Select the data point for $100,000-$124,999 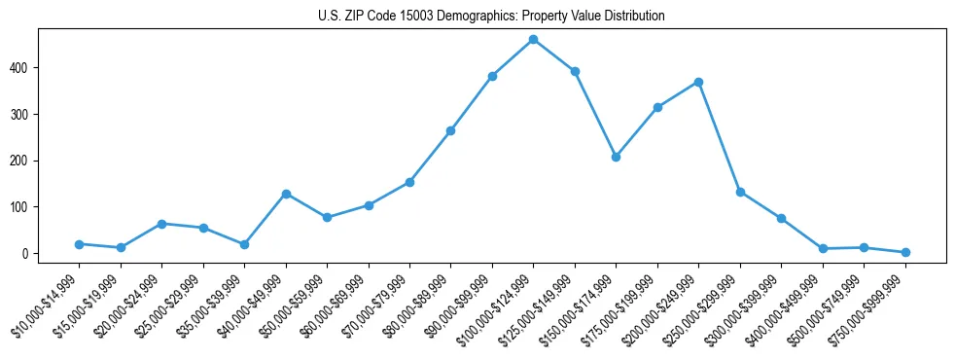(533, 40)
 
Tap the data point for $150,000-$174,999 (616, 157)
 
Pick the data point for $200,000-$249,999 (698, 82)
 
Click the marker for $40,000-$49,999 (286, 194)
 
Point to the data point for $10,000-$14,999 (79, 244)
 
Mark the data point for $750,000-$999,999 (905, 252)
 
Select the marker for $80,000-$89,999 (450, 130)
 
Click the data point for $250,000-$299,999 (740, 192)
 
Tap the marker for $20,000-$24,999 (161, 224)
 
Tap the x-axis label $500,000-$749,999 (832, 307)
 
